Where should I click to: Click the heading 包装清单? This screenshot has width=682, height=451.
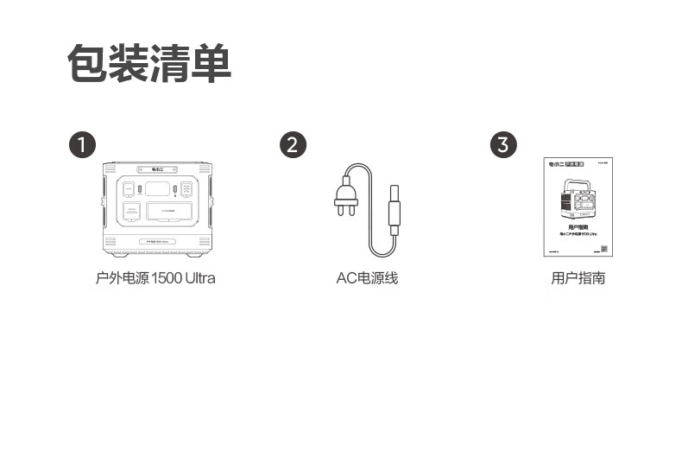[149, 64]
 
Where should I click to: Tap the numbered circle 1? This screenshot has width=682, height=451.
[82, 144]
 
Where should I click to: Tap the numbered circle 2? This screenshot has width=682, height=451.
[293, 144]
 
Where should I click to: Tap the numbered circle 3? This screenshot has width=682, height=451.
[503, 144]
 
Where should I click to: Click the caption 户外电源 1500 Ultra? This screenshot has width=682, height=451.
[155, 278]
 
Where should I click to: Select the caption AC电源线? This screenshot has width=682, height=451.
[367, 278]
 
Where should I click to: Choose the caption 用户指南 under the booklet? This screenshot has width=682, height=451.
[578, 278]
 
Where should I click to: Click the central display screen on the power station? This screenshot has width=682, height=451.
[157, 189]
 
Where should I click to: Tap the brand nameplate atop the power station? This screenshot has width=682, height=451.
[156, 170]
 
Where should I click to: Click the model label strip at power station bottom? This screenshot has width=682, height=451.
[156, 241]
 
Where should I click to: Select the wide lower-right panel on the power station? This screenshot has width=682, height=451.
[169, 213]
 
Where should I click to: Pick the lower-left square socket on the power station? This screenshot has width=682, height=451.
[131, 214]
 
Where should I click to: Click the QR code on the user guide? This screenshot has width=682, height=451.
[603, 250]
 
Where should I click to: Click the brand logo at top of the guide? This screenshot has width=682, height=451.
[555, 163]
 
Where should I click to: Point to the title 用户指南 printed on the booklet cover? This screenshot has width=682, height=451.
[578, 226]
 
